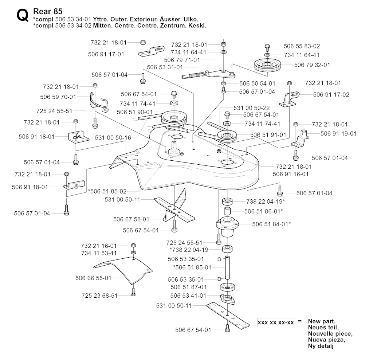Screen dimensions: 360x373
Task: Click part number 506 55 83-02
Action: (x=302, y=46)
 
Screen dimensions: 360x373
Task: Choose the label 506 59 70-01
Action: (x=58, y=97)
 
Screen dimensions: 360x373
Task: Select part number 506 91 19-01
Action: (x=338, y=133)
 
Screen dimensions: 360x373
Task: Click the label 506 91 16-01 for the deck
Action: (x=291, y=174)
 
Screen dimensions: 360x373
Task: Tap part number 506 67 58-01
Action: (x=131, y=219)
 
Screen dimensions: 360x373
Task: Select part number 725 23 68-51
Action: (x=99, y=296)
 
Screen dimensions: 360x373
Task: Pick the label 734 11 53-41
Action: (x=99, y=253)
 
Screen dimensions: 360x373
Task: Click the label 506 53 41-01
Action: (x=188, y=296)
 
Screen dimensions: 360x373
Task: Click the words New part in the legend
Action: (x=322, y=321)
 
